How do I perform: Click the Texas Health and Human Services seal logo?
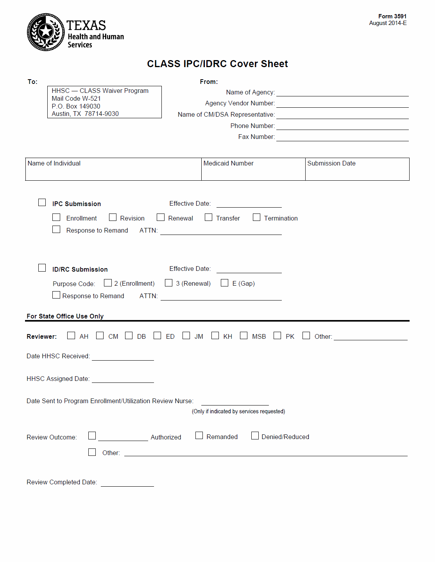point(46,32)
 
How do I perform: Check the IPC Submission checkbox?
point(42,202)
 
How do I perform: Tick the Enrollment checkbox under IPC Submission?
point(56,217)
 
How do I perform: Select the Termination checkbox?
point(256,217)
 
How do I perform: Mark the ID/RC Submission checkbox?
point(42,268)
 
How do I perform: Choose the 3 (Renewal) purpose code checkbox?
point(168,283)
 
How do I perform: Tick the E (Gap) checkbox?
point(224,283)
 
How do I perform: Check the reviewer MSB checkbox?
point(243,336)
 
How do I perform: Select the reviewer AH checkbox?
point(71,336)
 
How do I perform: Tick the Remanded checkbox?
point(199,436)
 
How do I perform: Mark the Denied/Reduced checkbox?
point(255,436)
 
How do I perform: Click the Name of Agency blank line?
point(342,93)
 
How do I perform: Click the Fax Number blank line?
point(342,137)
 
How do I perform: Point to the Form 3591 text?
point(392,16)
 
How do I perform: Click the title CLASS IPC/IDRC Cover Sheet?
point(217,64)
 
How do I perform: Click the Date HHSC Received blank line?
point(123,357)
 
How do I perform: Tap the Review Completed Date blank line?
point(127,483)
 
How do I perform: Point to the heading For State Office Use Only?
point(65,316)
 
